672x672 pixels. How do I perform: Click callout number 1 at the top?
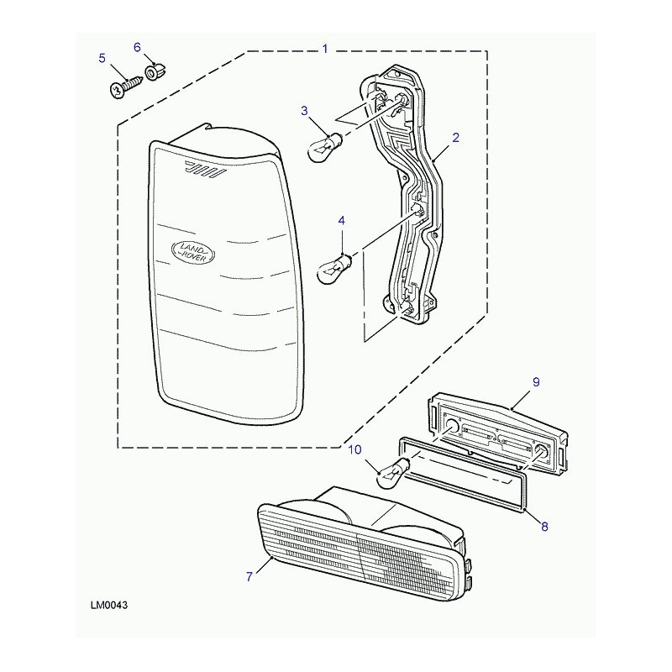(x=325, y=49)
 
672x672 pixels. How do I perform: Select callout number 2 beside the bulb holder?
(x=455, y=138)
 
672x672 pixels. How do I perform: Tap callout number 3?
(x=304, y=112)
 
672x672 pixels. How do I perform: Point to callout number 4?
(x=341, y=221)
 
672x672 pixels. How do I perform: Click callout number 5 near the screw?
(x=102, y=58)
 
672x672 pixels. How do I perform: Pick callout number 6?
(x=137, y=47)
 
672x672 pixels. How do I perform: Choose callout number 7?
(x=249, y=577)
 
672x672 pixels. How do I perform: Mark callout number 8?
(x=544, y=527)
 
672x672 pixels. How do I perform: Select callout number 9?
(x=536, y=382)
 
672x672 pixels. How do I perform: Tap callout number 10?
(x=354, y=449)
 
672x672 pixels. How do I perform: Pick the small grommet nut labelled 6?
(x=155, y=71)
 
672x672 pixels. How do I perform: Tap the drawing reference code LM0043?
(x=109, y=606)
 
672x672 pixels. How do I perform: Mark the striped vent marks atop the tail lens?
(x=204, y=170)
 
